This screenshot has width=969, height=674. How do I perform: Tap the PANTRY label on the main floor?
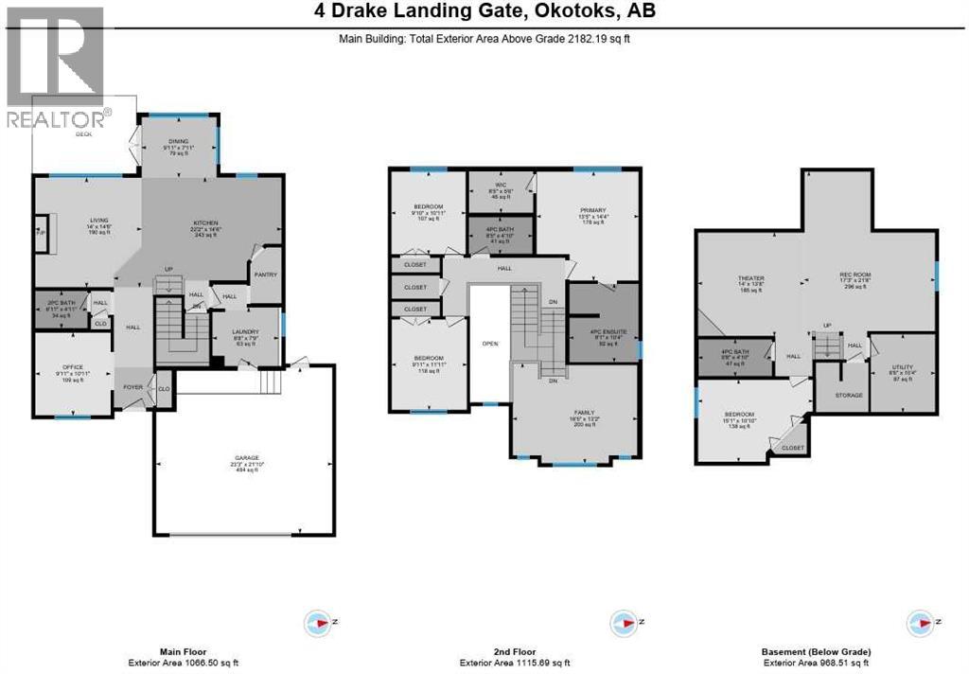[263, 275]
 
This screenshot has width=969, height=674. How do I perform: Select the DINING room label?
[179, 142]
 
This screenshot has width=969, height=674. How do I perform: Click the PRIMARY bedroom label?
[592, 210]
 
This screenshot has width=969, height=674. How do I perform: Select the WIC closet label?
[502, 185]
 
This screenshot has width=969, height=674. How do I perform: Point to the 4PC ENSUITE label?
[603, 331]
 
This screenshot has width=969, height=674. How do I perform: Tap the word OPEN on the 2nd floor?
[489, 344]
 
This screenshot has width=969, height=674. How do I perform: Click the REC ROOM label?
[854, 277]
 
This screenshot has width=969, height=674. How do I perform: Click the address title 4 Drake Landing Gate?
[484, 12]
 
